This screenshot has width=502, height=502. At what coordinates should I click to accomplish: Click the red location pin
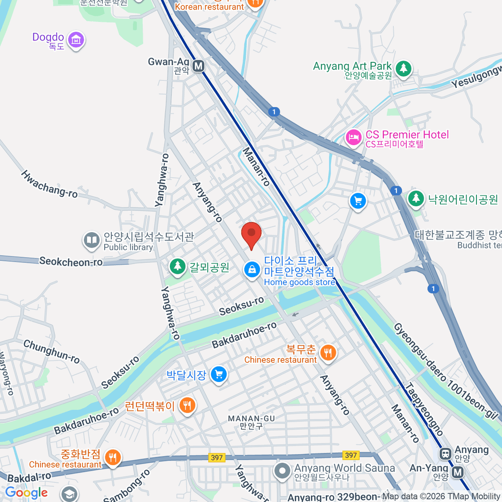251,234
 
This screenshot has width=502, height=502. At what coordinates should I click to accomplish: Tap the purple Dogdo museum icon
76,40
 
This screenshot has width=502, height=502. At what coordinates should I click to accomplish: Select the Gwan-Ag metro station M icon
198,66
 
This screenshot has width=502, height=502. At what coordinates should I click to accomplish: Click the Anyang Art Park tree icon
403,68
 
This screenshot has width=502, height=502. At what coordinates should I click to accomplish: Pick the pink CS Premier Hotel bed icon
353,137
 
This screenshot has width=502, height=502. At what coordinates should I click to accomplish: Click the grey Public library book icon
91,241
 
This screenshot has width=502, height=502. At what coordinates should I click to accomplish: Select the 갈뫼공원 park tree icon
178,266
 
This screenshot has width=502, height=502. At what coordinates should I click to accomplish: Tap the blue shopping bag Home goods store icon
252,270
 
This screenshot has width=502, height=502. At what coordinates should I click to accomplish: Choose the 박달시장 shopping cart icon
218,374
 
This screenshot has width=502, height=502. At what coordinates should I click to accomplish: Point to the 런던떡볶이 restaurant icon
187,405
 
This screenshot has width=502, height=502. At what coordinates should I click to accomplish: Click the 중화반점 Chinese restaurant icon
112,458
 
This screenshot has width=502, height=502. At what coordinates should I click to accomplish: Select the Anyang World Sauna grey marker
282,471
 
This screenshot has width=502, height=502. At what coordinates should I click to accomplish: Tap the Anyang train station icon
445,453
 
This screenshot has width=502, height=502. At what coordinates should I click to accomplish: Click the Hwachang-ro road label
49,184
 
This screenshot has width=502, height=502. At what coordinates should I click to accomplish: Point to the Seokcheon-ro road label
71,262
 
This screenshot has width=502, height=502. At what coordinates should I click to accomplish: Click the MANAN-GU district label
251,418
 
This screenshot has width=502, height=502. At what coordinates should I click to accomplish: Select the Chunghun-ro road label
51,351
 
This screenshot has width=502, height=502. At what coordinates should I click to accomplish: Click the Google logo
26,493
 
